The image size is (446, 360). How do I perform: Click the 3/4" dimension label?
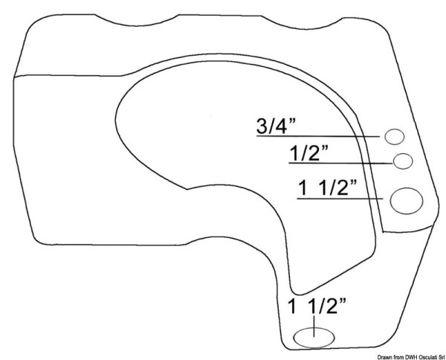(x=276, y=126)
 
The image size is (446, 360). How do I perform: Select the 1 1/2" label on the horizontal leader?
(x=327, y=188)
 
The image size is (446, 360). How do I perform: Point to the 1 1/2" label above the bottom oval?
(x=317, y=306)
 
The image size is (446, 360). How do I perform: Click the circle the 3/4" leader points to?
(x=395, y=137)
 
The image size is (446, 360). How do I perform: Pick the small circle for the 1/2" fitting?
(x=403, y=161)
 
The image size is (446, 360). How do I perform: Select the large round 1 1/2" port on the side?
(x=407, y=201)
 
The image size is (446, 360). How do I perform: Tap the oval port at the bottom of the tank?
(x=314, y=338)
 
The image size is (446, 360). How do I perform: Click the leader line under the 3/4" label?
(x=318, y=136)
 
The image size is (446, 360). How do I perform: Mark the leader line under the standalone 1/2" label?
(x=340, y=163)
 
